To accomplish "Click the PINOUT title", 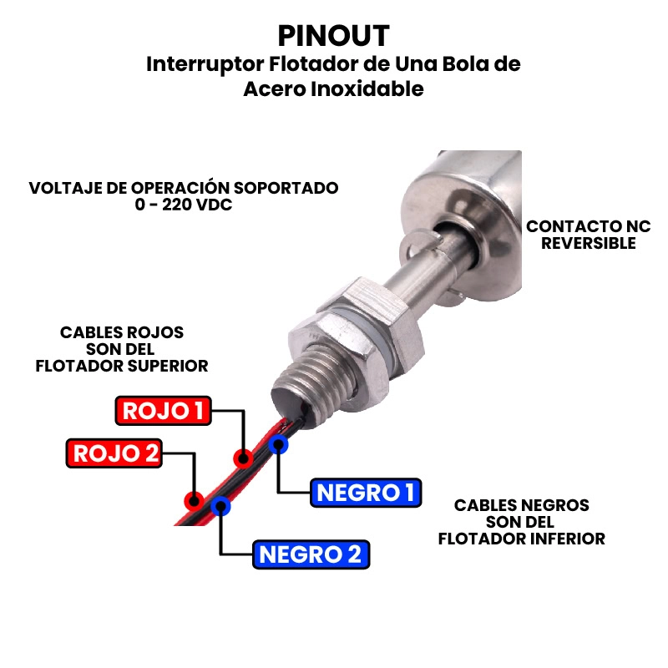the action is click(x=333, y=36).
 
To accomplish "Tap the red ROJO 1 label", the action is click(x=163, y=411).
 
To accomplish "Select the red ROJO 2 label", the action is click(x=114, y=453).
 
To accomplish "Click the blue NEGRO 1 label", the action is click(x=366, y=493).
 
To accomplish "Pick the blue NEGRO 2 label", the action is click(x=311, y=554).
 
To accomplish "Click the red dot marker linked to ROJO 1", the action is click(x=243, y=458).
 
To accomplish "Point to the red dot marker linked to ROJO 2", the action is click(x=194, y=500).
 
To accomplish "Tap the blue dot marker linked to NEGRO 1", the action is click(x=278, y=444).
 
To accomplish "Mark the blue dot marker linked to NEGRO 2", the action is click(x=220, y=506).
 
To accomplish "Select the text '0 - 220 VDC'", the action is click(x=184, y=205).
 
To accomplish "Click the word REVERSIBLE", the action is click(x=589, y=243).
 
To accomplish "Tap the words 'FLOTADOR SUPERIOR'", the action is click(x=122, y=366).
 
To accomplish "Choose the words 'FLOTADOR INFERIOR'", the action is click(x=521, y=539).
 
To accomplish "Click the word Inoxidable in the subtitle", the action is click(x=367, y=89).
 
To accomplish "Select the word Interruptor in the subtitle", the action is click(x=205, y=65).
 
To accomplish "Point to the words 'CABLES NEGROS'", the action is click(x=521, y=505).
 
